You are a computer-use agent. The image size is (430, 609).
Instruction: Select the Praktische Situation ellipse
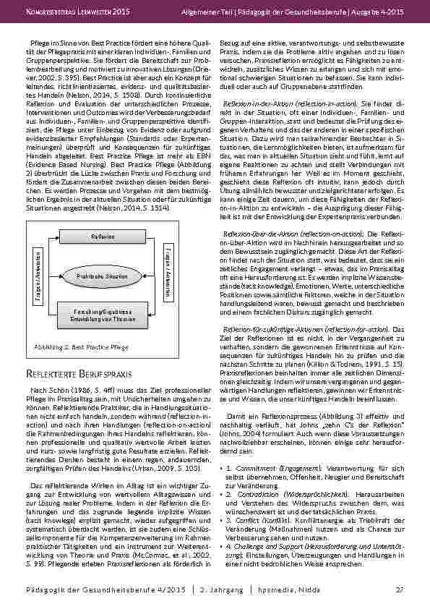point(103,276)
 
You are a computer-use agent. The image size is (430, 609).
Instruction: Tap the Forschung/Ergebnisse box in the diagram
point(103,315)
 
